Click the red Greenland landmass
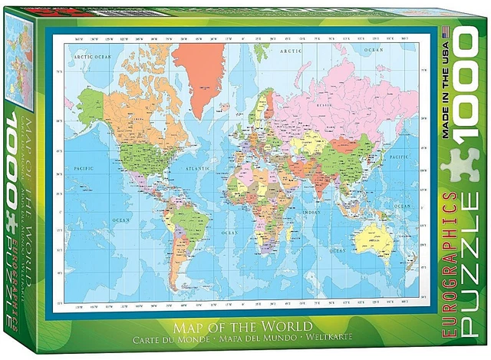200,74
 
